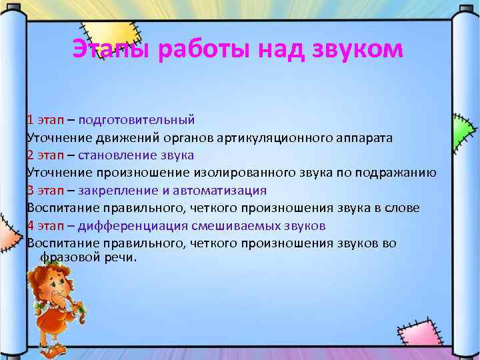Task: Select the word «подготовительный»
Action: coord(136,121)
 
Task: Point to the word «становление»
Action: coord(108,155)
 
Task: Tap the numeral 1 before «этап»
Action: coord(30,121)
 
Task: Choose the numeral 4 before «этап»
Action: coord(31,225)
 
